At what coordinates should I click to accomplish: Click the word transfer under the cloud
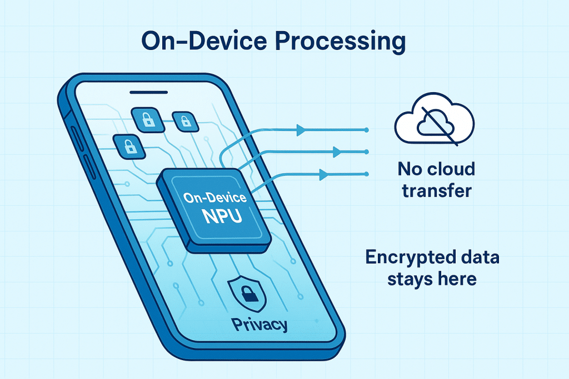click(436, 191)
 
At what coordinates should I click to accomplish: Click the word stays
click(401, 279)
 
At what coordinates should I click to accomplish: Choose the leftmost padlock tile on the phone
click(128, 145)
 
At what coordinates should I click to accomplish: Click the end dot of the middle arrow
click(367, 151)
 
